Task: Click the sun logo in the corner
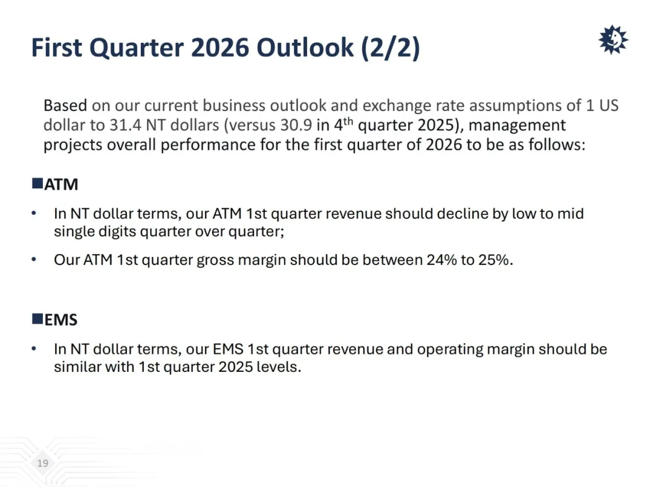coord(613,39)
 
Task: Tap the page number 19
coord(42,463)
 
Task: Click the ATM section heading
coord(61,184)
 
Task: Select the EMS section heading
coord(61,320)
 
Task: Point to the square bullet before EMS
coord(37,319)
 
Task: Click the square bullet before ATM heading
coord(37,183)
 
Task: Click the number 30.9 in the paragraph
coord(296,125)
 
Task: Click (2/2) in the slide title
coord(391,48)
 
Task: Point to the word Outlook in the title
coord(305,48)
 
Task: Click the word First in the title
coord(57,48)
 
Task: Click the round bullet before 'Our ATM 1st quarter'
coord(34,260)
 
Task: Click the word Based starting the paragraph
coord(65,106)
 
